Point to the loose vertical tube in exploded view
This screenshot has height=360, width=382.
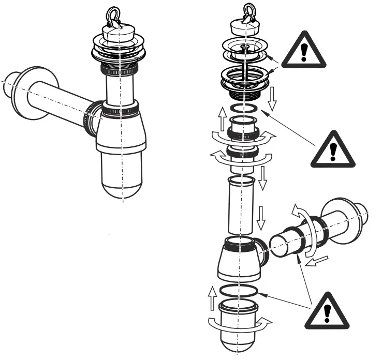click(x=240, y=204)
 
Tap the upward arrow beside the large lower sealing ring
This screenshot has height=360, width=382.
click(x=212, y=298)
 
